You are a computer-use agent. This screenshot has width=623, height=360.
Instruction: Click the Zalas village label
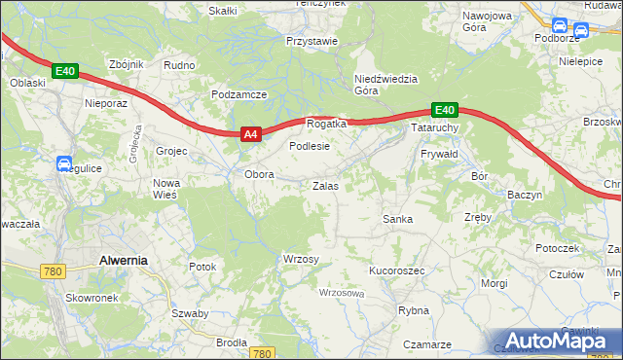tap(325, 185)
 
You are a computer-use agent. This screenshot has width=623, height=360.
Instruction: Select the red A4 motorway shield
tap(249, 135)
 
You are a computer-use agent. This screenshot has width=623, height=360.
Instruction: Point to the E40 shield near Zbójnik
tap(64, 71)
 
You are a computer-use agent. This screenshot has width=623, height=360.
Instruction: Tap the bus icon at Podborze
tap(560, 26)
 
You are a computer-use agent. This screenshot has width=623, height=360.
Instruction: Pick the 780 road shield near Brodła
tap(261, 353)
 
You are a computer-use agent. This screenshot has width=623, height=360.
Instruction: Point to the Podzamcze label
tap(238, 94)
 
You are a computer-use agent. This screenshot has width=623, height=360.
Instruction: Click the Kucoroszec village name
tap(396, 270)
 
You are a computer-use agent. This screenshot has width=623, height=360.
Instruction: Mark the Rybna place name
tap(414, 310)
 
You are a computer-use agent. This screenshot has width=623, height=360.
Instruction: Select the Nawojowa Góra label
tap(487, 22)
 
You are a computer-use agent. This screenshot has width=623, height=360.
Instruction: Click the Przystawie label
tap(311, 42)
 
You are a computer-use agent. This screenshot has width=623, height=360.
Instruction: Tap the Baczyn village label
tap(525, 195)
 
